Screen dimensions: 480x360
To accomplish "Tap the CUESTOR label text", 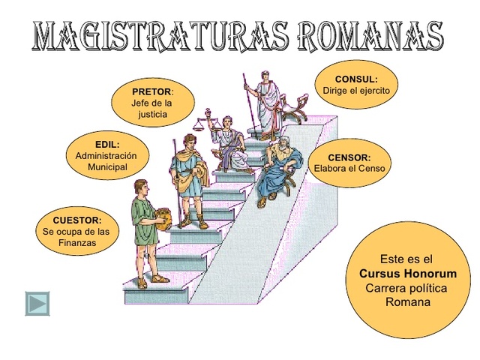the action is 76,220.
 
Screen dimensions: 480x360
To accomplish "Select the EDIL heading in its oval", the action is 107,144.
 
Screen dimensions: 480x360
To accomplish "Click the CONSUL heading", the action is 356,79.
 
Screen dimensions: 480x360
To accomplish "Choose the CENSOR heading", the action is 349,157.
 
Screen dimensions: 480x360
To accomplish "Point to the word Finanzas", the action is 77,244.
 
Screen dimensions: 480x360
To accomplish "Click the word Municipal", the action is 107,166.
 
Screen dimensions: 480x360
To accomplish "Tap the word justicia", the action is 152,115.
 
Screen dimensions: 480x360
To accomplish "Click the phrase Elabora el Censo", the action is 349,169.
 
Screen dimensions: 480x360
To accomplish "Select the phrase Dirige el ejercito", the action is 356,91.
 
